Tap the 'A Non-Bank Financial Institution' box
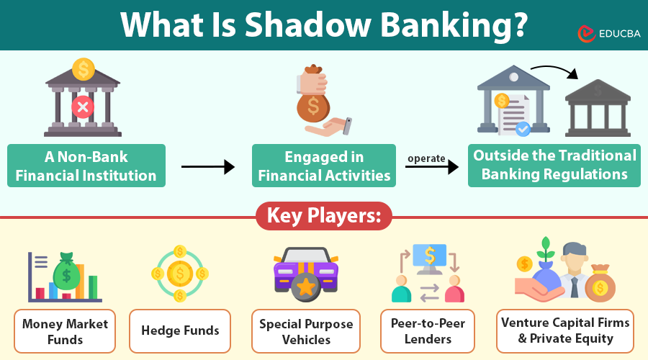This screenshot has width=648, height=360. coord(86,166)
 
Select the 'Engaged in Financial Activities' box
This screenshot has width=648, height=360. coord(324,166)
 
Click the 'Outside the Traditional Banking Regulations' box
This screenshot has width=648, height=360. coord(554,165)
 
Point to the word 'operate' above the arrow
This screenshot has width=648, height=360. coord(426,158)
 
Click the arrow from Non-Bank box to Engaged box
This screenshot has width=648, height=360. coord(208,167)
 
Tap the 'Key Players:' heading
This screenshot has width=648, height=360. coord(323,215)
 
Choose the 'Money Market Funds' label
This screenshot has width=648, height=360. coord(65,331)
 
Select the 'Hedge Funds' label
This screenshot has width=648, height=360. coord(180,331)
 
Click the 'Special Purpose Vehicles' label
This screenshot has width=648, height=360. coord(306,331)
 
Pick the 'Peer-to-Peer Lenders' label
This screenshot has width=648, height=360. coord(428,331)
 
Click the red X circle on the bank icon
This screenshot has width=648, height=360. coord(83,108)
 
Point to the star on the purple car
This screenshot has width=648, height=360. coord(306,287)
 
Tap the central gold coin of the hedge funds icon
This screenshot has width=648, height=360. coord(179,273)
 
